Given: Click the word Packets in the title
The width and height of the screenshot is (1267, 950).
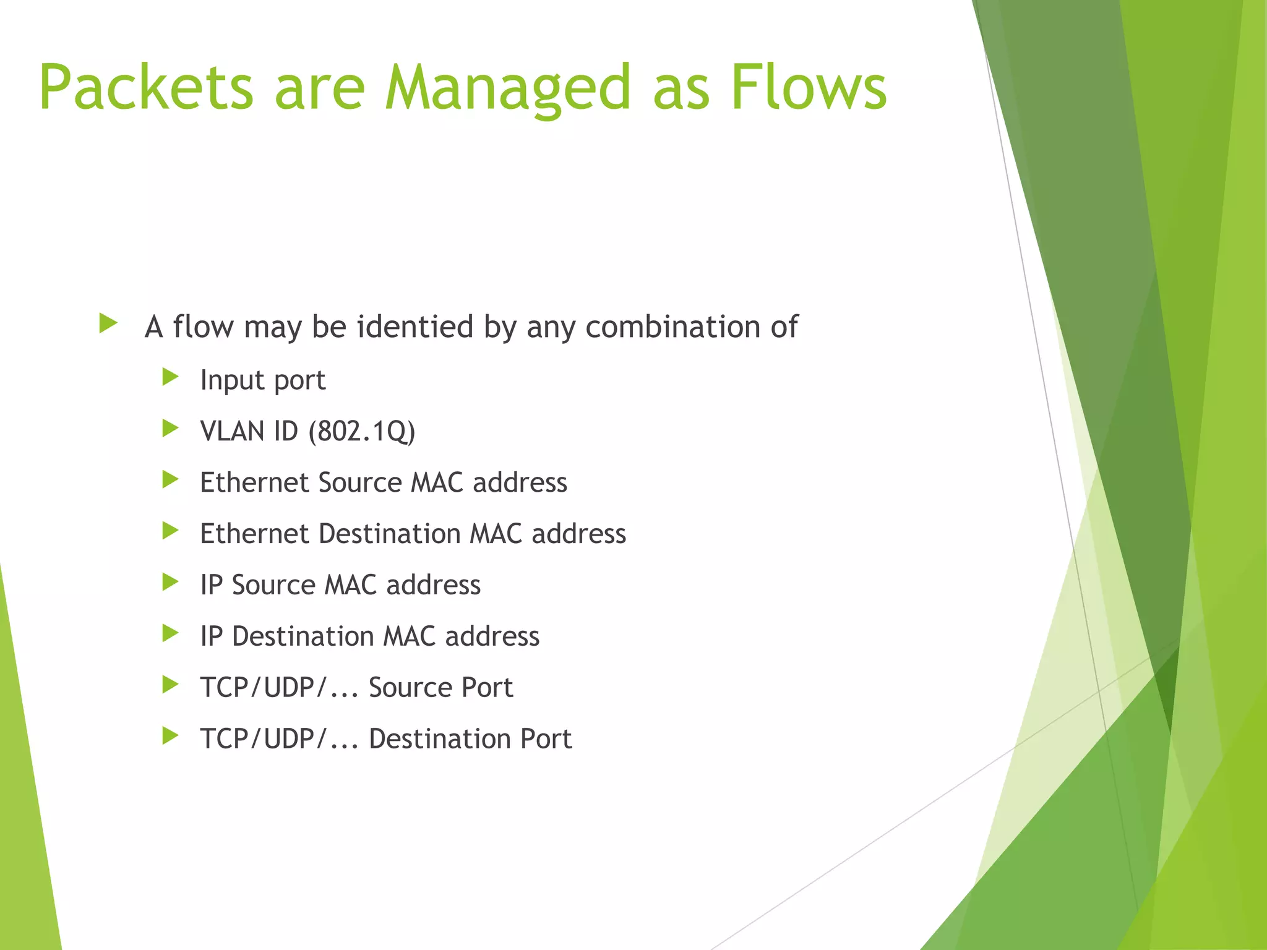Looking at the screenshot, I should coord(146,88).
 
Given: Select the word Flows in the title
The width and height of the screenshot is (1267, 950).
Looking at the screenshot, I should coord(809,88).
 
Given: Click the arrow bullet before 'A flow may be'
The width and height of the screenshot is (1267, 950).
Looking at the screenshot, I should coord(108,323).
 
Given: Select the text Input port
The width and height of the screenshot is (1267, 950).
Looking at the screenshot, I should coord(262,380).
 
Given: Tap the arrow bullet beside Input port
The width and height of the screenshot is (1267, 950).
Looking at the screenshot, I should coord(170,377).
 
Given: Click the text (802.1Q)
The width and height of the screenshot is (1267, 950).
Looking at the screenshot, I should coord(362,431).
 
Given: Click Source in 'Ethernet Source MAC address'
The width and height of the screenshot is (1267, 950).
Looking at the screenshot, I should coord(359,482).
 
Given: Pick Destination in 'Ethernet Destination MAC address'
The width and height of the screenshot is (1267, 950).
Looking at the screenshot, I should coord(390,534).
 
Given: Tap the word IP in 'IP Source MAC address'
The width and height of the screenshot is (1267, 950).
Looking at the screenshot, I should coord(211,585).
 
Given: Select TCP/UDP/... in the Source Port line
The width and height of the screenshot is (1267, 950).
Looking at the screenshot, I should coord(279,688).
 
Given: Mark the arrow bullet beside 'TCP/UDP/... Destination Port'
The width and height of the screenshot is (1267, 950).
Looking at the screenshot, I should coord(170,736).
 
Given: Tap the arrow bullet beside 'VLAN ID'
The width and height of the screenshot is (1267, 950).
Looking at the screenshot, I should coord(170,428).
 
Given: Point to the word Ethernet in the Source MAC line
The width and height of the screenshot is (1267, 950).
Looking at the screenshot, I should coord(254,482).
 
